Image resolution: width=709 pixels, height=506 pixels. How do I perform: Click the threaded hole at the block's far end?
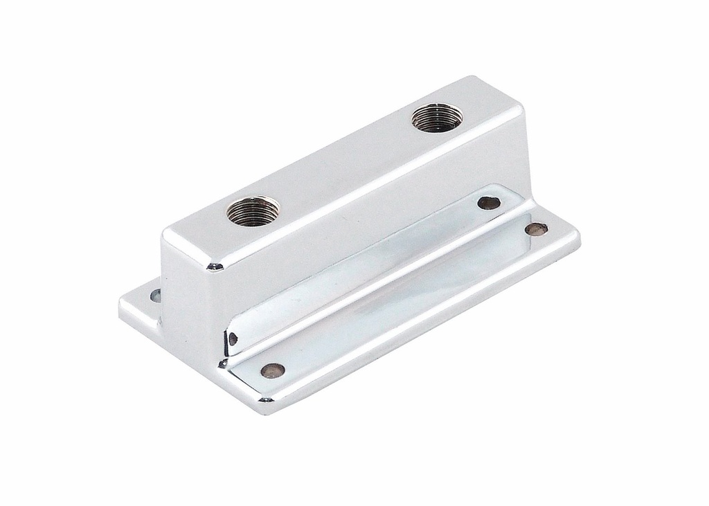[437, 117]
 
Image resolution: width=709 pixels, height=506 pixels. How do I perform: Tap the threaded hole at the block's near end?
[253, 210]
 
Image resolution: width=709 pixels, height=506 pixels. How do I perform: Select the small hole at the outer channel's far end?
[536, 228]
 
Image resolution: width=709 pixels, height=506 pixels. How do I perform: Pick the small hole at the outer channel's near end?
[273, 370]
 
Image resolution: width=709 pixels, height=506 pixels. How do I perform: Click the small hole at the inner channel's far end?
[489, 203]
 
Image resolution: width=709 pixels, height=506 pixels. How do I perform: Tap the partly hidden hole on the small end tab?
[156, 296]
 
